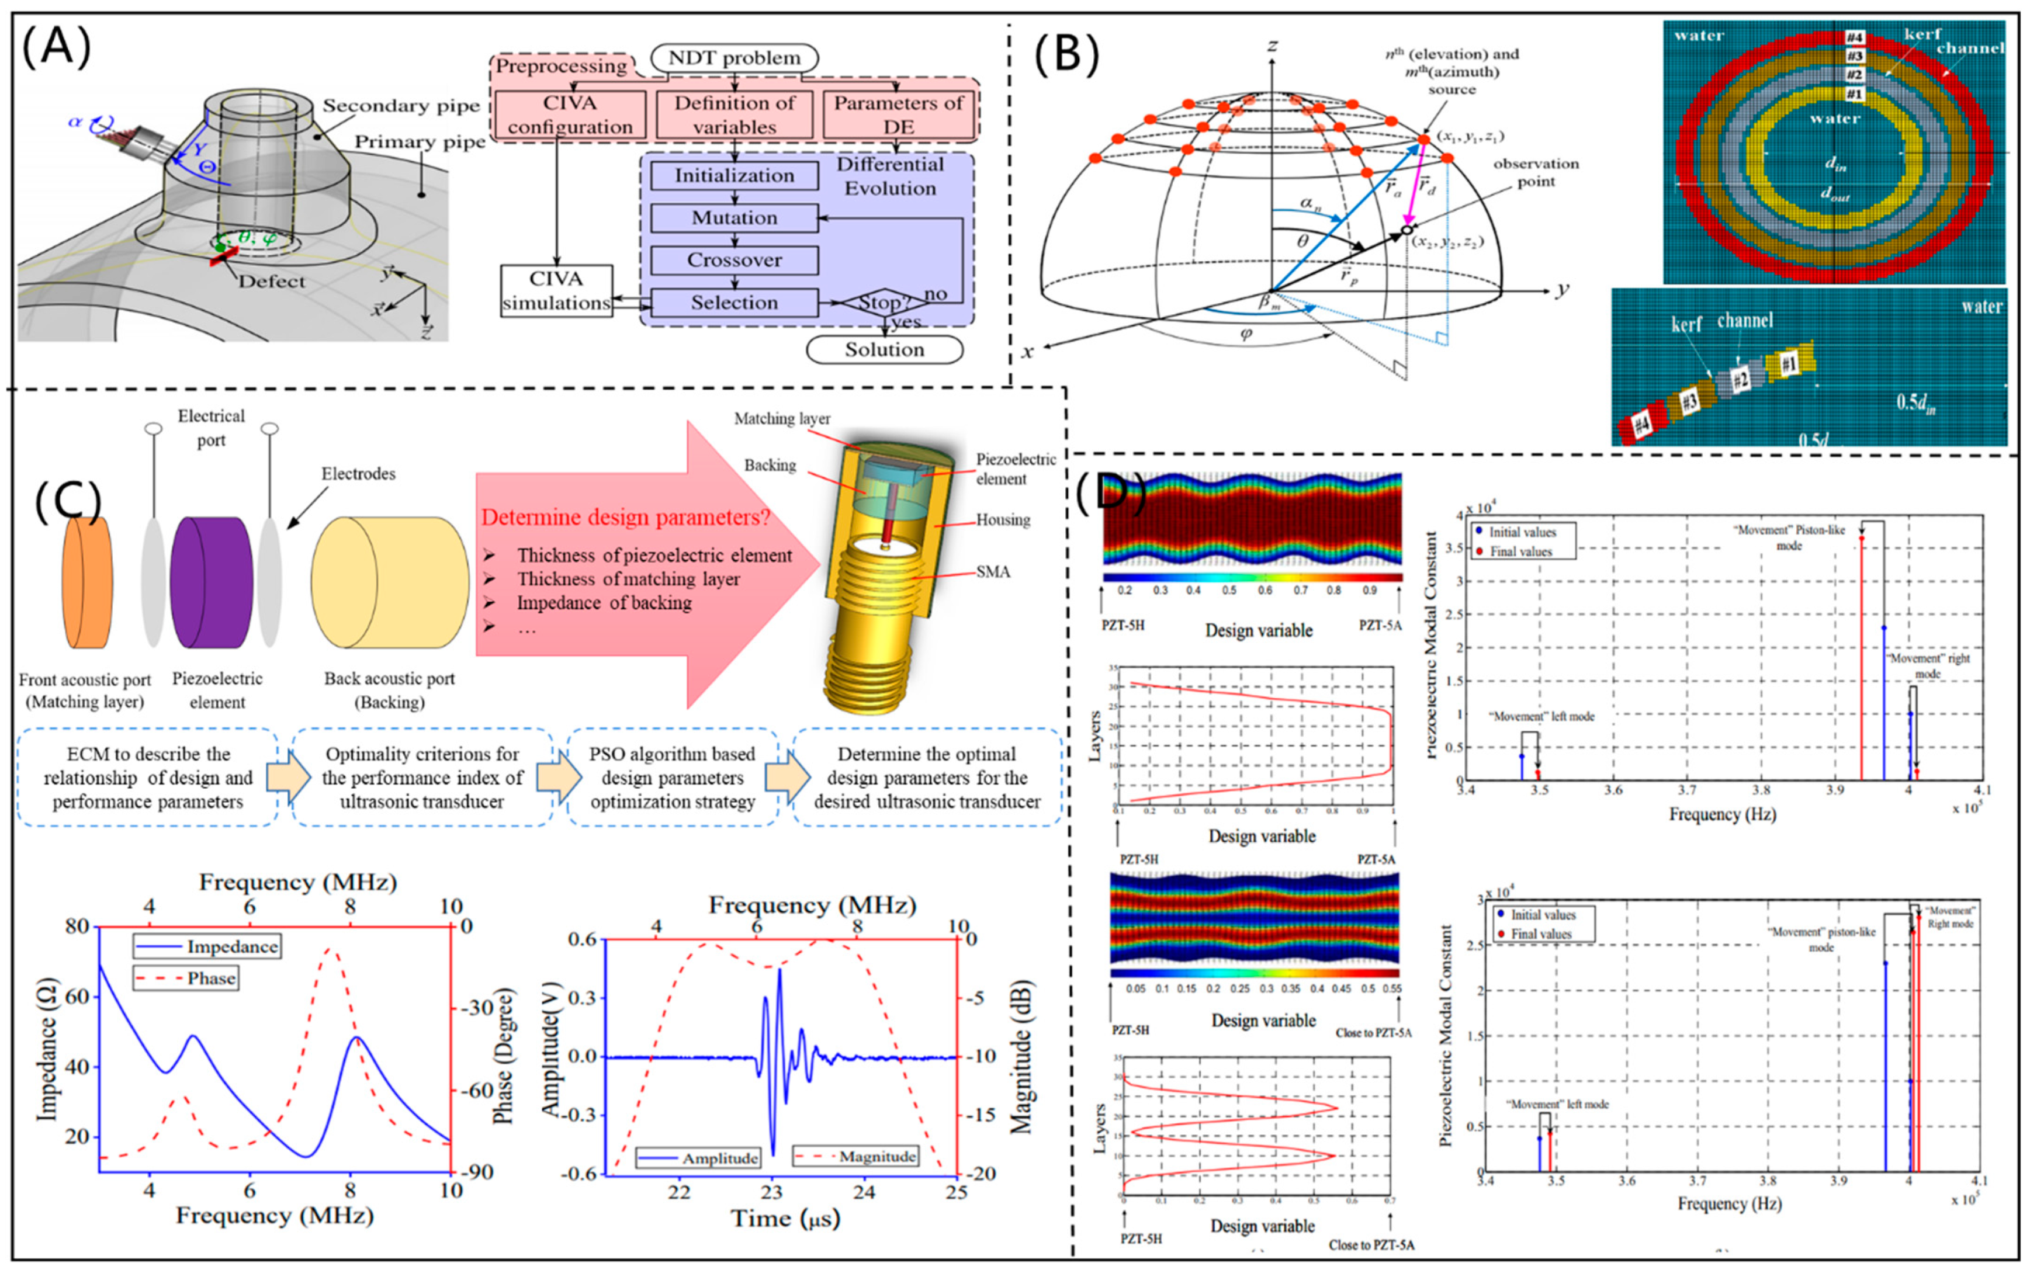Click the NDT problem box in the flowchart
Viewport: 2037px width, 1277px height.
(x=733, y=57)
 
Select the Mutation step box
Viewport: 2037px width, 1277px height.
(x=733, y=218)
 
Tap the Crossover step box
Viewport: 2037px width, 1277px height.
(x=733, y=260)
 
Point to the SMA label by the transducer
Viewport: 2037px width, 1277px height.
(x=993, y=572)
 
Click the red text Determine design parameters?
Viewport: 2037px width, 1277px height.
(x=625, y=518)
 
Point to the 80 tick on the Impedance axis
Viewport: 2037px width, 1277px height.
(x=75, y=926)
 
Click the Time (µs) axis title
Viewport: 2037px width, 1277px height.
(x=785, y=1219)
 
